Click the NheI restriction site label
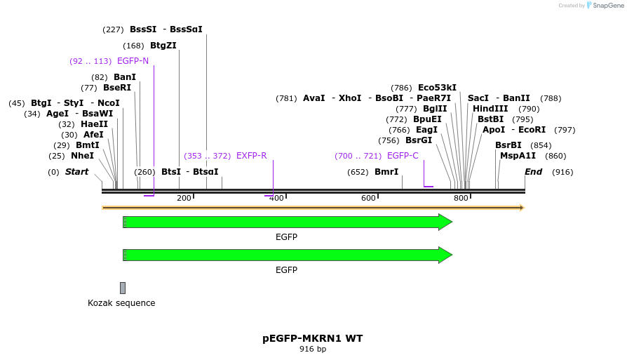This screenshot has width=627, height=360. [x=82, y=156]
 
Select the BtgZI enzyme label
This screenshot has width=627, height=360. [x=163, y=46]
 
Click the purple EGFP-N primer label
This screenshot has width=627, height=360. [x=133, y=61]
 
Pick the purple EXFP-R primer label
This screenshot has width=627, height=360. [x=251, y=156]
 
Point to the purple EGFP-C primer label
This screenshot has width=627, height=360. [x=403, y=156]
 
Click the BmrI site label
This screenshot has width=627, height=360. [x=386, y=172]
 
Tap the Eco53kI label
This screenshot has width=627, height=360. [x=437, y=88]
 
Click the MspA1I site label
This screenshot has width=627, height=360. [x=518, y=156]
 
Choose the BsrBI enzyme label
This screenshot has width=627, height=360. [x=508, y=145]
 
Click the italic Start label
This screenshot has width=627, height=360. [x=76, y=172]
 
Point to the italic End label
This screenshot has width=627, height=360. [x=533, y=172]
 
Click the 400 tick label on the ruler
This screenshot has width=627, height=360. [x=276, y=199]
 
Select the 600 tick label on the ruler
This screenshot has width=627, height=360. [x=368, y=199]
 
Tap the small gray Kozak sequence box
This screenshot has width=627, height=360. [x=123, y=288]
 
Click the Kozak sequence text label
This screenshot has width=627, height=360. [x=121, y=303]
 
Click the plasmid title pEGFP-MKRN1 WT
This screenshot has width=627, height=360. [x=313, y=338]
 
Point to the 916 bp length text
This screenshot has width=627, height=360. [x=313, y=349]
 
